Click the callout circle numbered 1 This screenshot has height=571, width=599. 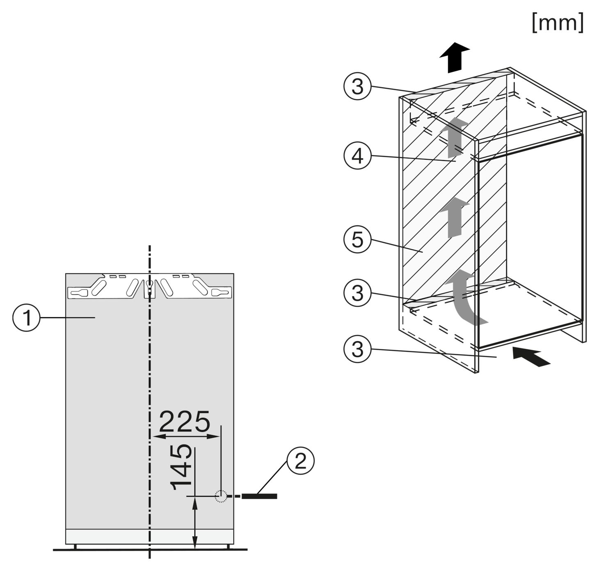coord(26,318)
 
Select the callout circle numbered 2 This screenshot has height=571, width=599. coord(300,461)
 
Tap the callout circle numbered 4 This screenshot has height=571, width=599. coord(357,156)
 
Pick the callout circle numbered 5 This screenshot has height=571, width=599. coord(357,239)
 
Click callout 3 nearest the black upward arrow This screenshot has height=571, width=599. coord(357,86)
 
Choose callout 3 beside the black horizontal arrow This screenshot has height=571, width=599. coord(357,349)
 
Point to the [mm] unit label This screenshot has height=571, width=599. coord(558,23)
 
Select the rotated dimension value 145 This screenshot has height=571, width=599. coord(181,467)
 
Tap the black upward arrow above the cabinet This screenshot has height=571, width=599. coord(454,57)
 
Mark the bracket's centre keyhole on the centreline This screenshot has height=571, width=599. coord(149,286)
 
